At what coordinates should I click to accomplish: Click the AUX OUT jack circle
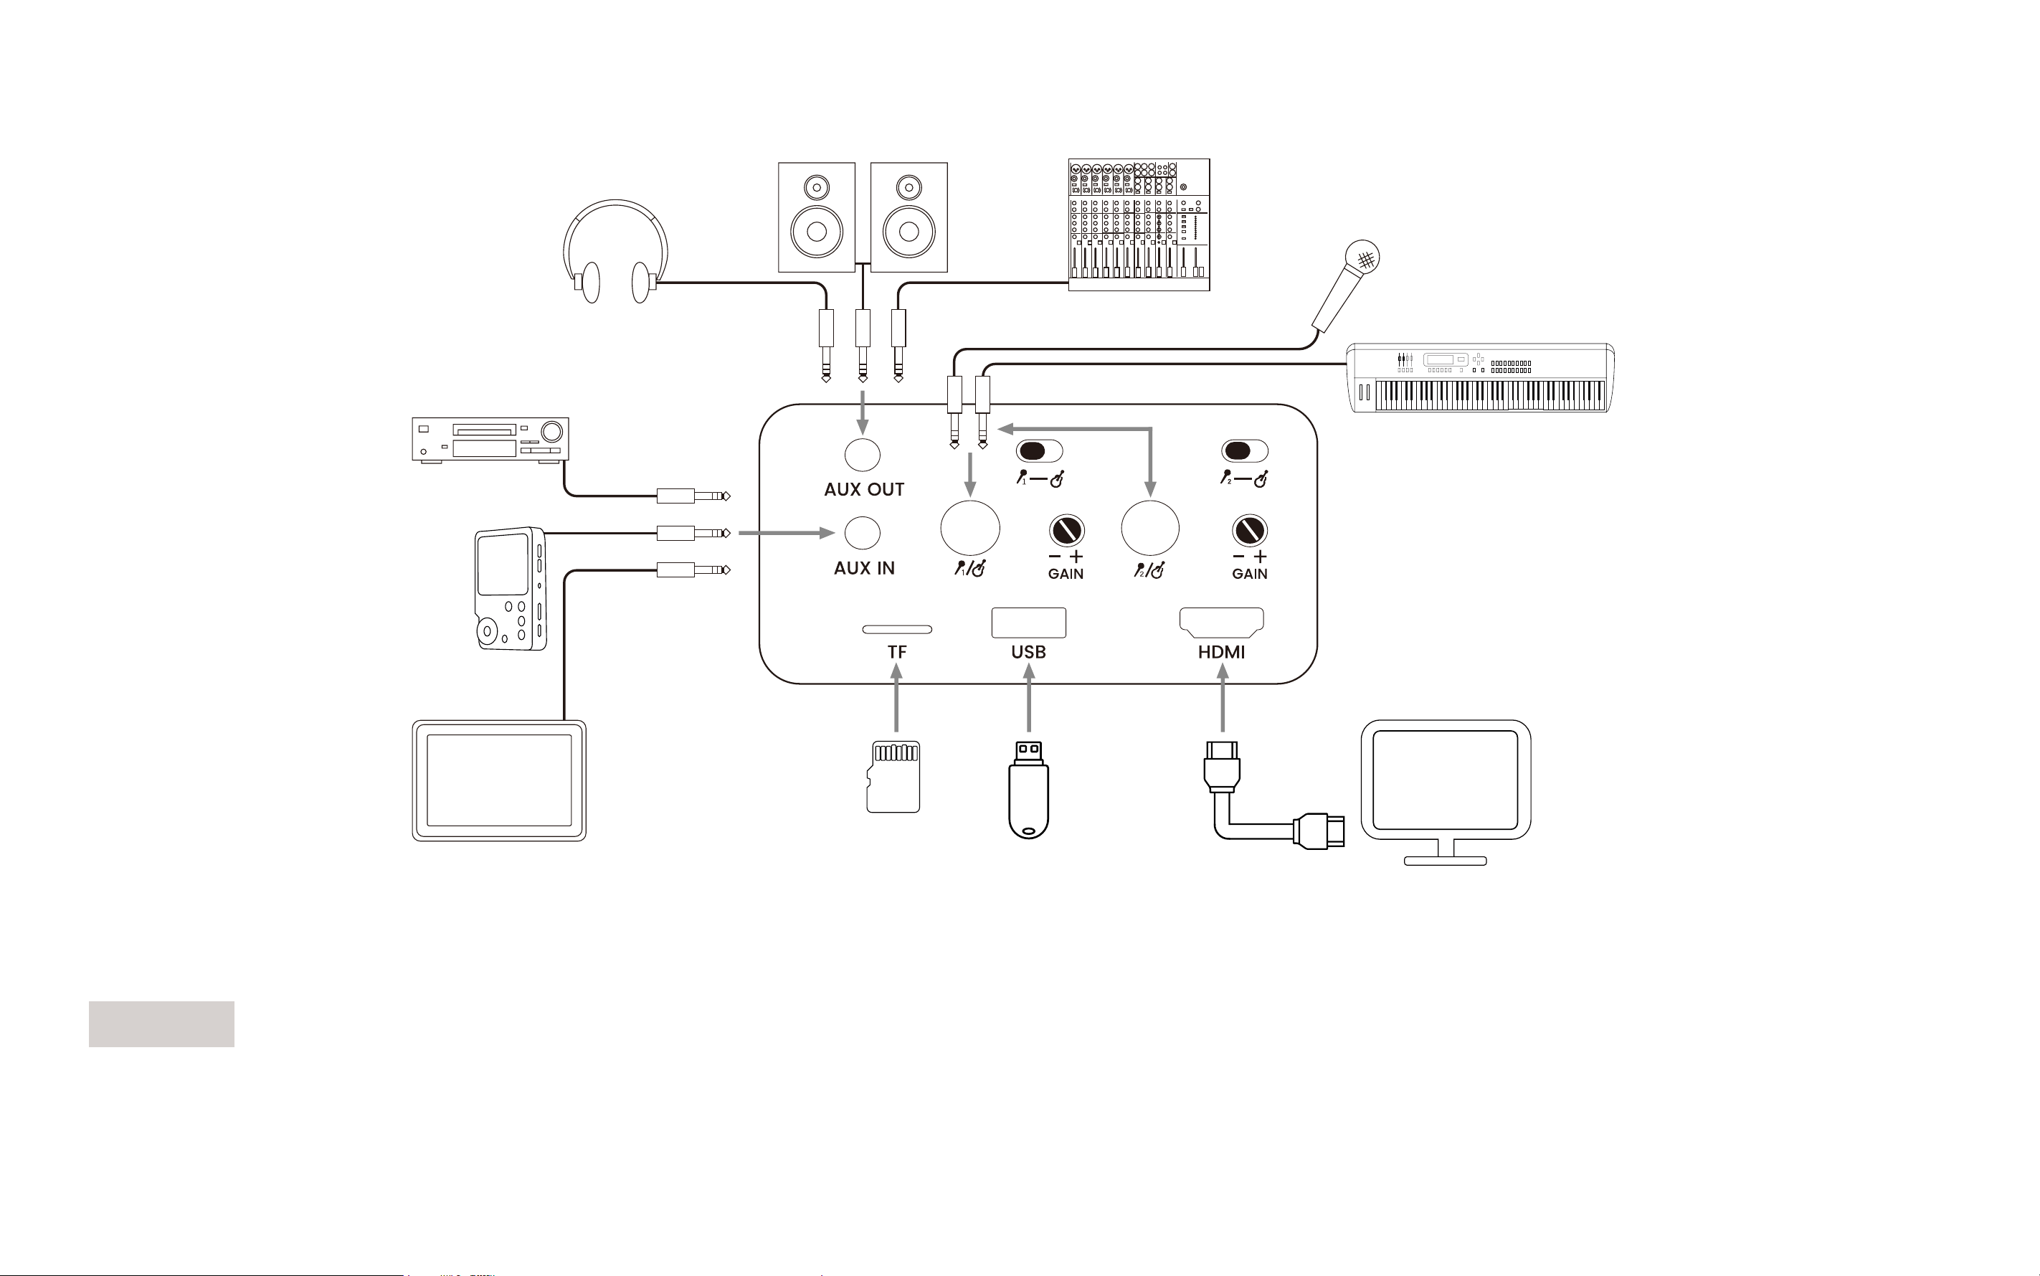point(862,454)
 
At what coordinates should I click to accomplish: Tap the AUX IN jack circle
point(862,532)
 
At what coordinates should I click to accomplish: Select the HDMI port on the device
point(1221,622)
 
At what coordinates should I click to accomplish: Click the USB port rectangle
point(1028,622)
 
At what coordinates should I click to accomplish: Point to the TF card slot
point(896,629)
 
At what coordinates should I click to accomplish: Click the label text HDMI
point(1221,653)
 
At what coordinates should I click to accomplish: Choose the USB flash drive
point(1028,790)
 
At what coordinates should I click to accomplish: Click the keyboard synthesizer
point(1481,378)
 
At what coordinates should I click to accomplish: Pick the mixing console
point(1139,225)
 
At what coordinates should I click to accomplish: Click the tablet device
point(498,780)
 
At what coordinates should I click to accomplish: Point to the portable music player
point(511,589)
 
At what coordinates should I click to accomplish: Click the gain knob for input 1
point(1066,531)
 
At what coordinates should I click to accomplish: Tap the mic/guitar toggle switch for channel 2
point(1244,450)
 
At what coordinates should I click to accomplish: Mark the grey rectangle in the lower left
point(161,1024)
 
